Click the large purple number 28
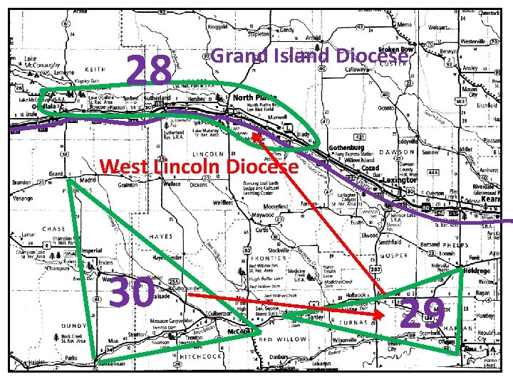148,70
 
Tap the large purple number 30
132,292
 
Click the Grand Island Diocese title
310,55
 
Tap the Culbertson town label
217,312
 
